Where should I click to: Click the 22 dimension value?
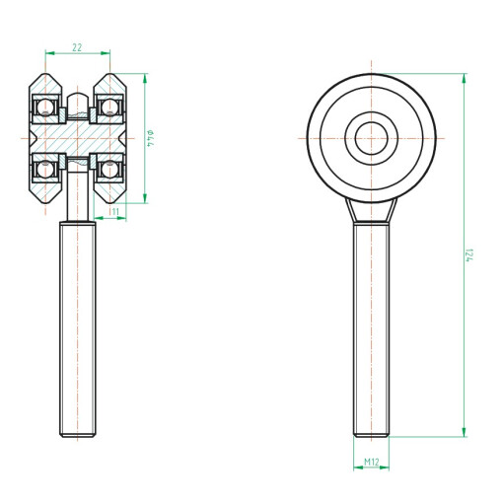click(77, 47)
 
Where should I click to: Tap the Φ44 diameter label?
click(151, 138)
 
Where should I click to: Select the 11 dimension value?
click(114, 211)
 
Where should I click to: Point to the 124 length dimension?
click(469, 255)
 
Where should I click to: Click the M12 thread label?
click(372, 462)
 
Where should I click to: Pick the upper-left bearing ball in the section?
click(45, 107)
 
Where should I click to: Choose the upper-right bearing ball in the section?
click(109, 107)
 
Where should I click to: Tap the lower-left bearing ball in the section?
click(45, 170)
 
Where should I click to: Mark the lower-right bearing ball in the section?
click(109, 170)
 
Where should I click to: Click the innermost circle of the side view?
click(372, 122)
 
